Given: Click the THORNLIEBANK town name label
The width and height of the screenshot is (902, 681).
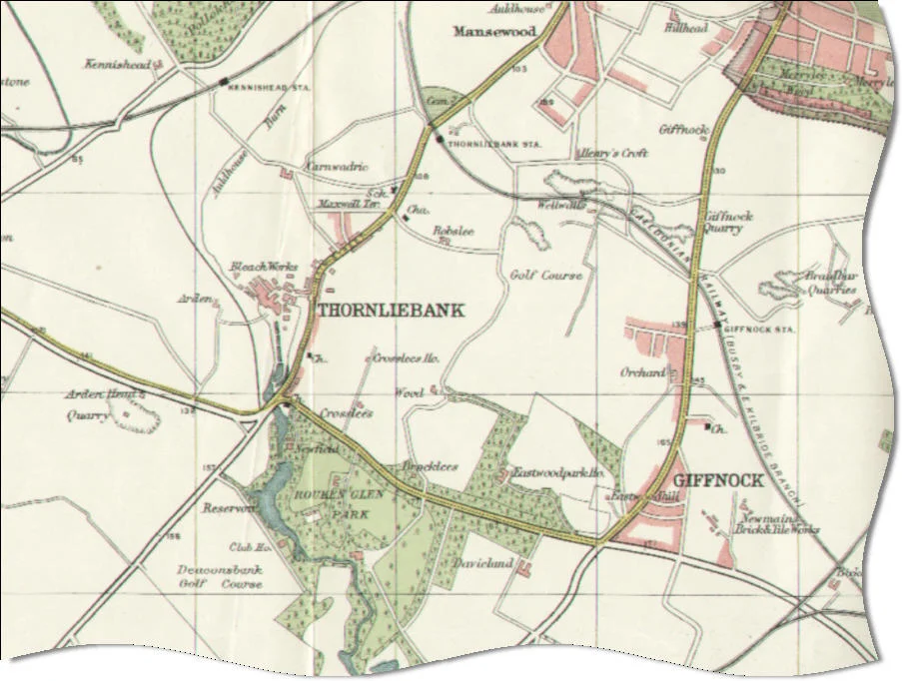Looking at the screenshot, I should [x=391, y=311].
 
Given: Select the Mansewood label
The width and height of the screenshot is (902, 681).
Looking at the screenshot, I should [x=494, y=32].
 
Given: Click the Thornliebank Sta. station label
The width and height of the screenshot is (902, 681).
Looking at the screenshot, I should [x=495, y=145].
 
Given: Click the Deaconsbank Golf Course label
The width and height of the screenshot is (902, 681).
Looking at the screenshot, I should [x=220, y=576].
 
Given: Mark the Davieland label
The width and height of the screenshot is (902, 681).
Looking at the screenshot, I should [x=481, y=564].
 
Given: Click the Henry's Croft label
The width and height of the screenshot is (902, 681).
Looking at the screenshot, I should [x=613, y=153].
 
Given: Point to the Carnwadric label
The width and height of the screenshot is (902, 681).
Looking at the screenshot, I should [x=337, y=167].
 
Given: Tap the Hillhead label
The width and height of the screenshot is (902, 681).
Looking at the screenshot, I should [x=685, y=29].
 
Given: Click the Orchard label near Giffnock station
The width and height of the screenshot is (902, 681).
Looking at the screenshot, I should [x=641, y=372].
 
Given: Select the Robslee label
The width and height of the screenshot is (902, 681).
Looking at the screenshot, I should [x=451, y=230].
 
